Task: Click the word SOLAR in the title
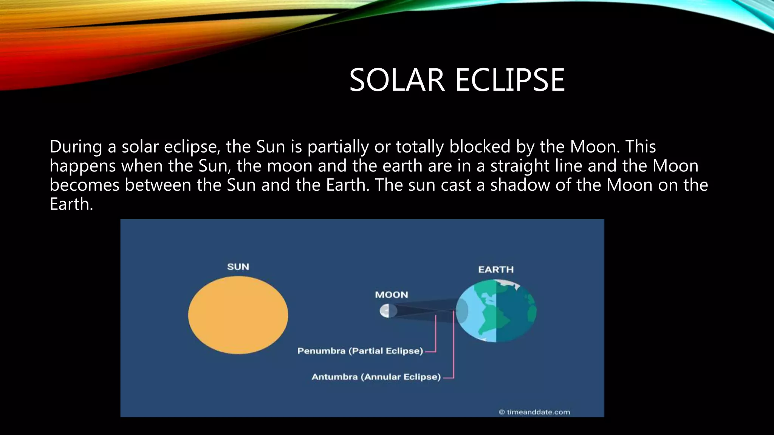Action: coord(397,80)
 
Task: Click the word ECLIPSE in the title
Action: coord(510,80)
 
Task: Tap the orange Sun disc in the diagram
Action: coord(238,315)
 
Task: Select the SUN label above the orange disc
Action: coord(238,267)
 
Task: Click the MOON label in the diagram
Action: coord(392,295)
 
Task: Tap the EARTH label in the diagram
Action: coord(496,270)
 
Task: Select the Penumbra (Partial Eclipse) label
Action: coord(360,351)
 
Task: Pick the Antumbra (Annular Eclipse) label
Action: coord(376,377)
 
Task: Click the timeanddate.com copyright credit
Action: coord(534,412)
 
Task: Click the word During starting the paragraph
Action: coord(76,147)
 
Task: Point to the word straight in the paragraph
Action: coord(519,166)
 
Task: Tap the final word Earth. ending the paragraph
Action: coord(71,204)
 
